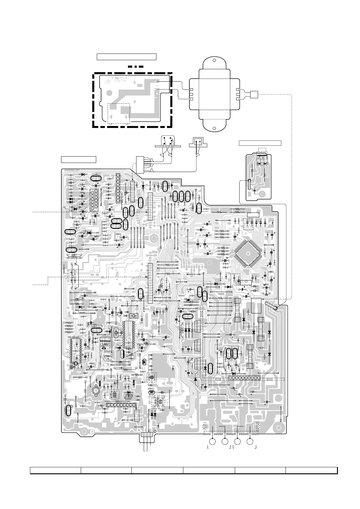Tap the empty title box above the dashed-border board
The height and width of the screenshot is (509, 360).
(126, 57)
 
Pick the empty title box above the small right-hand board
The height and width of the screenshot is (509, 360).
(260, 143)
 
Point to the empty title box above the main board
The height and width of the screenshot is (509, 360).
(79, 159)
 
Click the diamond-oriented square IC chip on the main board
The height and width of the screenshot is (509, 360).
(250, 253)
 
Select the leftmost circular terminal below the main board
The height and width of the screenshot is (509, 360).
(212, 442)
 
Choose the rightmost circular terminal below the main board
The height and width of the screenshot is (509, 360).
(250, 442)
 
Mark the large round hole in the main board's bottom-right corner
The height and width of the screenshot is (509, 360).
(278, 429)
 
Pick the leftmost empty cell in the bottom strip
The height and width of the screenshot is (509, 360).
(55, 470)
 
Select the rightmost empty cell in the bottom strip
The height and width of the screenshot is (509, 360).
(312, 470)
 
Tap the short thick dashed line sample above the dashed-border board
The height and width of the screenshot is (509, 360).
(135, 66)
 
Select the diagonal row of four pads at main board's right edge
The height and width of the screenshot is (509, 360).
(271, 306)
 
